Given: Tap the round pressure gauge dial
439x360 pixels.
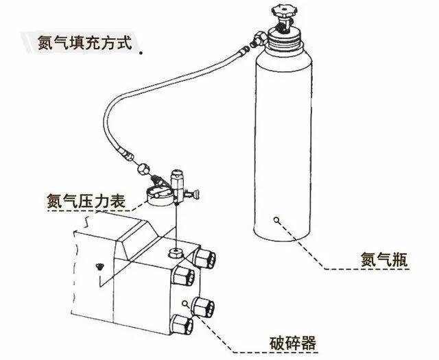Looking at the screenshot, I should coord(160,194).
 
